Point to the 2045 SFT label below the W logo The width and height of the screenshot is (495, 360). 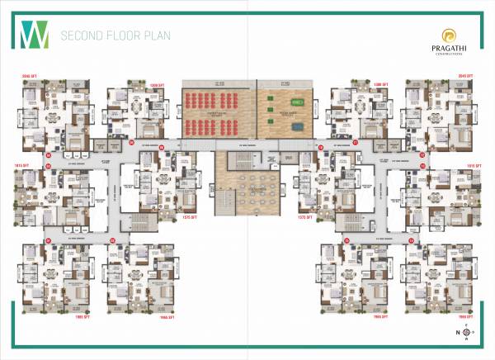31,75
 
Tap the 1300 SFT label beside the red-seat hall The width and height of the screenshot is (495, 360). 159,84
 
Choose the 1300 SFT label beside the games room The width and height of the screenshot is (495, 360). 334,84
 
